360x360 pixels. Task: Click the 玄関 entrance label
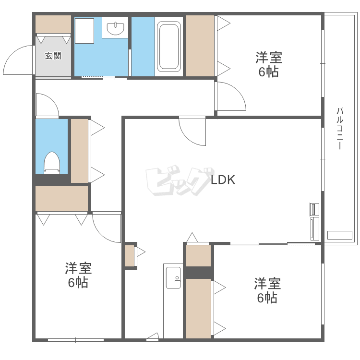click(x=53, y=56)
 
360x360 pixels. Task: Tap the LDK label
click(x=223, y=180)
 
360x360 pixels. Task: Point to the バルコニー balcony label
click(x=340, y=128)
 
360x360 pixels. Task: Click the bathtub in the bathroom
click(x=169, y=47)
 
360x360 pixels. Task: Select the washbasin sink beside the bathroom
click(x=116, y=28)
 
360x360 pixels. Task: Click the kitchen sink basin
click(x=173, y=277)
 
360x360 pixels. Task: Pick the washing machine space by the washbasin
click(x=84, y=31)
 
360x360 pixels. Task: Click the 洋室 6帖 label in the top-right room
click(x=269, y=64)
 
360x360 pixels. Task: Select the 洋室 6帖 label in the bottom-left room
click(x=78, y=276)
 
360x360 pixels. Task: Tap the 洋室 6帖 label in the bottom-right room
click(x=267, y=290)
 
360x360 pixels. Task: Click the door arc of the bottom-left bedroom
click(x=100, y=234)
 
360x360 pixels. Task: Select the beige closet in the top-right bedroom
click(x=200, y=46)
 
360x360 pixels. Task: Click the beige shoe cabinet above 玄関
click(x=53, y=24)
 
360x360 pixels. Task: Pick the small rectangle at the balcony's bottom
click(x=339, y=235)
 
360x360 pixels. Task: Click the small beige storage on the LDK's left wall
click(x=130, y=256)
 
